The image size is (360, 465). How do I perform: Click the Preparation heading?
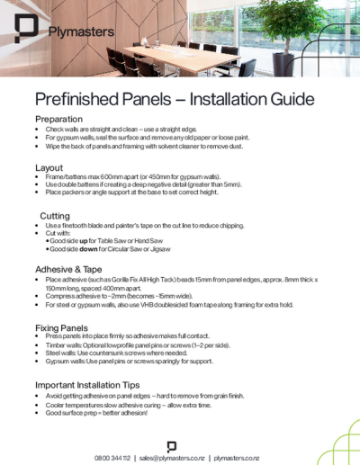coord(59,119)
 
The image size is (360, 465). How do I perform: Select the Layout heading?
coord(49,167)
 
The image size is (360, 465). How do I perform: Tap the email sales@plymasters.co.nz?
coord(172,457)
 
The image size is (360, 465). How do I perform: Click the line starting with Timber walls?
coord(136,346)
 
